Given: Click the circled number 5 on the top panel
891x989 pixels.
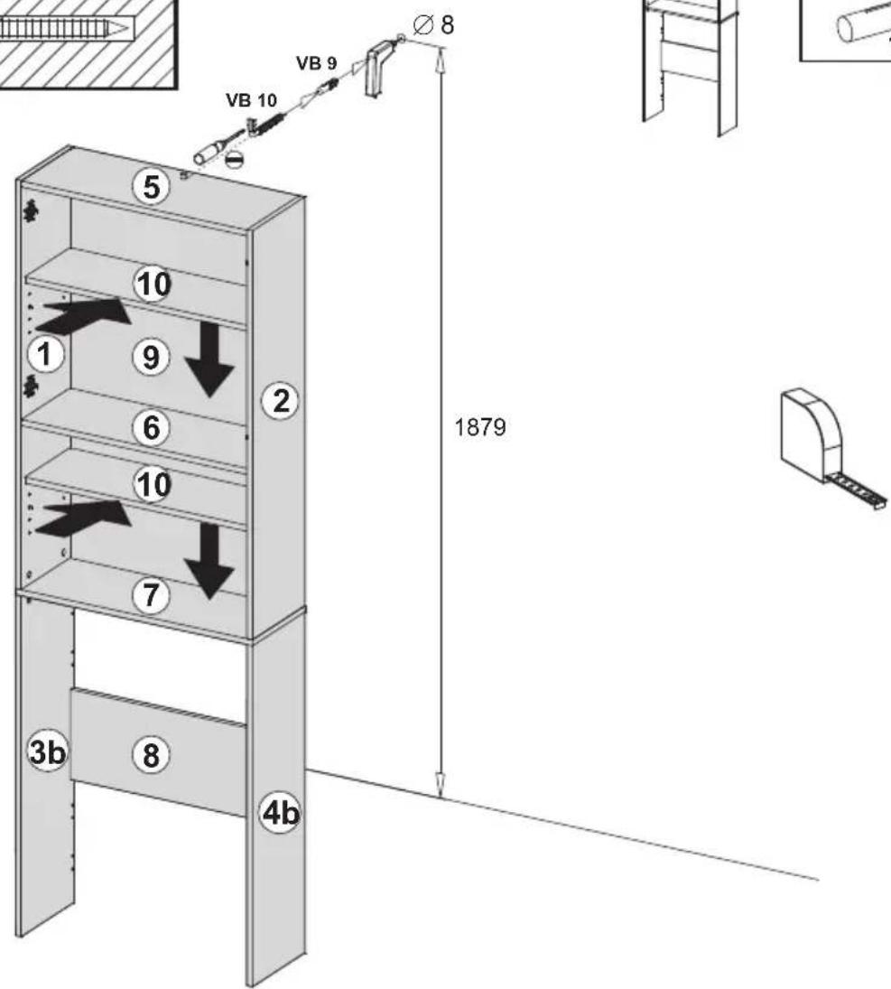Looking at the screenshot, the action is point(152,187).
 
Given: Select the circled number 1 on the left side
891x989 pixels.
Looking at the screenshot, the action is point(45,354).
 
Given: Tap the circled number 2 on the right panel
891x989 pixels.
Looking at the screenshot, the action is point(281,400).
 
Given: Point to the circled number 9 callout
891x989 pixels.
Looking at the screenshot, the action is point(151,358).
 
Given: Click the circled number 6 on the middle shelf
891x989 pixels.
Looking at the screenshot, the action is point(152,427).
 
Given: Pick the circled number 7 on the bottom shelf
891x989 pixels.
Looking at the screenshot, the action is point(151,595).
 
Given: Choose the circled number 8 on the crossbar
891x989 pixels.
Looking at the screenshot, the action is point(152,754).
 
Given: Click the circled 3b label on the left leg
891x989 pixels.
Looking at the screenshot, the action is point(47,751).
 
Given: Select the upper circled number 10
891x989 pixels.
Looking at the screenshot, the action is point(153,285).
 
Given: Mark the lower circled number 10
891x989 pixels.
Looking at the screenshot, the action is point(153,485).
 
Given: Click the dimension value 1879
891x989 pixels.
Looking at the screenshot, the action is point(480,427).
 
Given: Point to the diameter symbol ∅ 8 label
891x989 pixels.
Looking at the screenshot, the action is point(433,25).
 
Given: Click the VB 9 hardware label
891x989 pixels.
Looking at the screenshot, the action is point(317,63).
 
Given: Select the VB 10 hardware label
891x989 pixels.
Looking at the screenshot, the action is point(251,100).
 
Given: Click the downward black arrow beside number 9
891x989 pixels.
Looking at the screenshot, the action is point(209,359).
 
